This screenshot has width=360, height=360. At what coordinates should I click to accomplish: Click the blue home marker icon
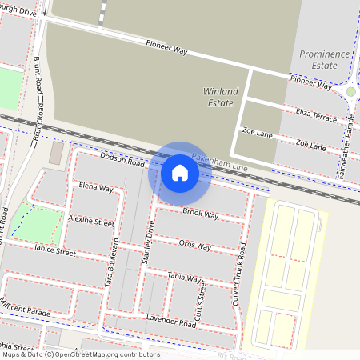(180, 172)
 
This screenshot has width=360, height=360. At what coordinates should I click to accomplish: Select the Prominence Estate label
(325, 59)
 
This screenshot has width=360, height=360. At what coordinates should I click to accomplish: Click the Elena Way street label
(96, 188)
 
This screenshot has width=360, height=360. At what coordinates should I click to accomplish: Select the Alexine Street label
(90, 222)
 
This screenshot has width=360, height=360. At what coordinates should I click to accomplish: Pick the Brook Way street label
(200, 214)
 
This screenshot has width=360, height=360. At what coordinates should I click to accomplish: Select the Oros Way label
(194, 245)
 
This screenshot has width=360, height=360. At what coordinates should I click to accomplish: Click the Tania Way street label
(184, 277)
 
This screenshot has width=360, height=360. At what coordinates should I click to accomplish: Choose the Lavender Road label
(171, 322)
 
